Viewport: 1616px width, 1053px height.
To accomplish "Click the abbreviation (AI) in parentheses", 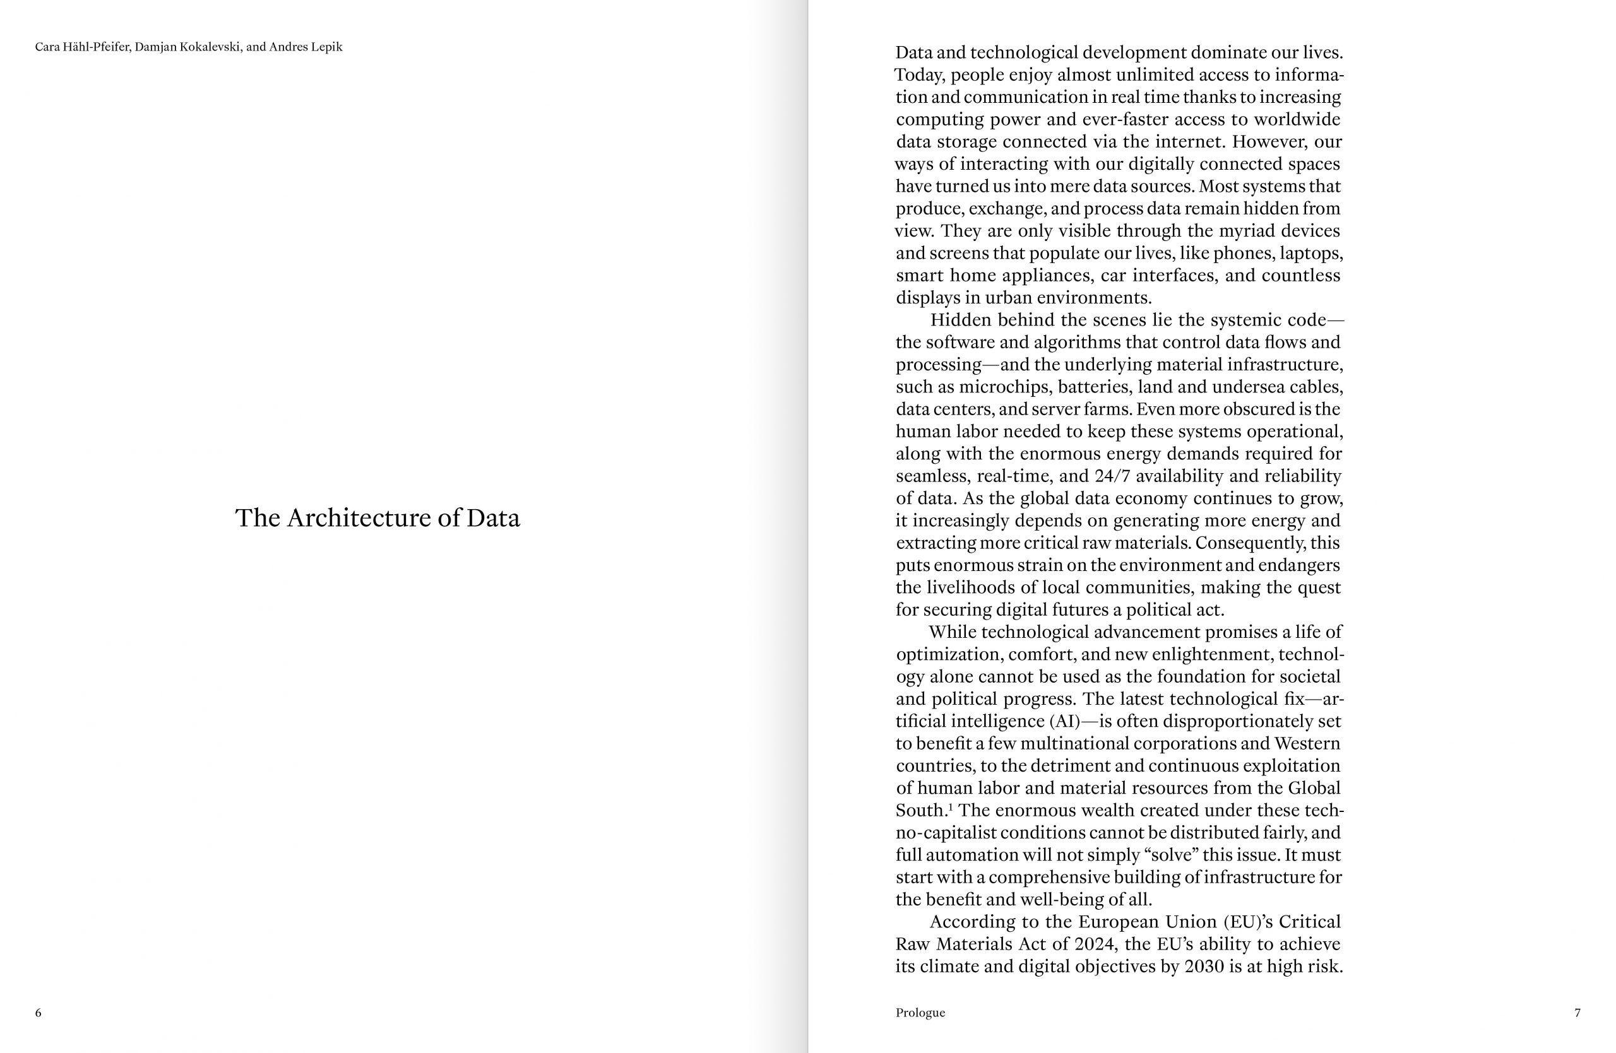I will click(x=1064, y=721).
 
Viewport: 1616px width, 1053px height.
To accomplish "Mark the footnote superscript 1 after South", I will click(x=951, y=807).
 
